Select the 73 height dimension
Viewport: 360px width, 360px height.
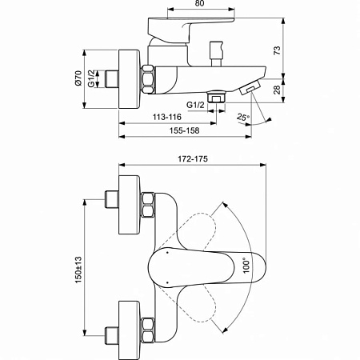pyautogui.click(x=277, y=50)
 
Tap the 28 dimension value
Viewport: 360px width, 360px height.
pyautogui.click(x=277, y=90)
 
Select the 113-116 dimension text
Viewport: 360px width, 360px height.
pyautogui.click(x=166, y=117)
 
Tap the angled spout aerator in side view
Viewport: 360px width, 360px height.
pyautogui.click(x=252, y=87)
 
